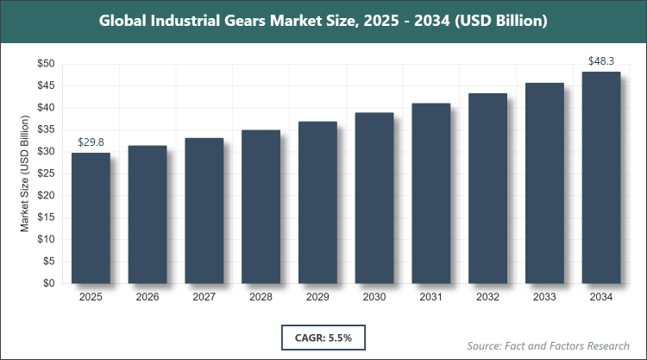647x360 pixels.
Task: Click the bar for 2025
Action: (x=91, y=218)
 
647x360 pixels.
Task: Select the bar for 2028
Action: (x=261, y=206)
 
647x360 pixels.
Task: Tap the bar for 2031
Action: (x=430, y=193)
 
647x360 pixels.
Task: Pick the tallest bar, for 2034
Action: (x=600, y=177)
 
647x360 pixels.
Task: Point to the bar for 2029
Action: (x=317, y=202)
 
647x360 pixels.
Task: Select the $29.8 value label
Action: (x=91, y=142)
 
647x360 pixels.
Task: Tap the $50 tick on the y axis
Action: (x=46, y=64)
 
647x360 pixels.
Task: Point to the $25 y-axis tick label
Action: (x=46, y=174)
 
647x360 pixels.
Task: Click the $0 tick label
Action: (x=49, y=283)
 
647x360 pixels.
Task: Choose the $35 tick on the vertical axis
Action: (x=46, y=129)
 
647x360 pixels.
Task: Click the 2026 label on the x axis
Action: (x=148, y=297)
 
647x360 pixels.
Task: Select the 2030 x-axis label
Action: (x=374, y=297)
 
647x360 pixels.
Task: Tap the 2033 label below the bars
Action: (x=544, y=297)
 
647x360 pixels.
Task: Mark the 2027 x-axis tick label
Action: (x=204, y=297)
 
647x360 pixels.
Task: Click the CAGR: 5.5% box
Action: (x=323, y=334)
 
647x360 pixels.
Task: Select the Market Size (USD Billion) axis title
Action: (x=25, y=174)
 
